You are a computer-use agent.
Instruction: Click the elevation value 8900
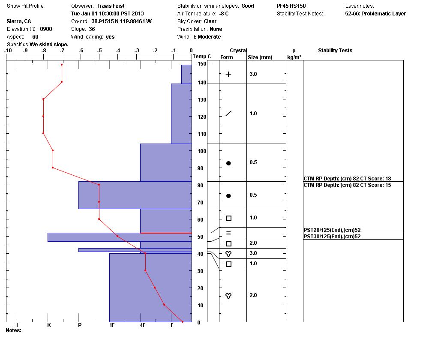point(46,29)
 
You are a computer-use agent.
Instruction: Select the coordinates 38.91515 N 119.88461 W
point(121,21)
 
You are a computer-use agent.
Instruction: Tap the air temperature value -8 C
point(224,14)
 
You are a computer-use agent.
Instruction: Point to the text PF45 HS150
point(291,6)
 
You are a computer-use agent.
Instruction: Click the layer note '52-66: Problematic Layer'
point(375,14)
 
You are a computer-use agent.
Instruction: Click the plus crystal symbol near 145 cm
point(228,74)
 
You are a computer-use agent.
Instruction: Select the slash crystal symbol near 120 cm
point(228,114)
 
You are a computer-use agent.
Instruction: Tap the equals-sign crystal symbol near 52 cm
point(228,233)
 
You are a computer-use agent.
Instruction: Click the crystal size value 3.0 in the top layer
point(253,74)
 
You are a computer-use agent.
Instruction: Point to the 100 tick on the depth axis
point(202,151)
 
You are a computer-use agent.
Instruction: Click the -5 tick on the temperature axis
point(99,51)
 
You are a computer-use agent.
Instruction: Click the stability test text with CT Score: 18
point(347,179)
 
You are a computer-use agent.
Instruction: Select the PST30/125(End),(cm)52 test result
point(332,237)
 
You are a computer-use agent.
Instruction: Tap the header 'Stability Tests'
point(335,51)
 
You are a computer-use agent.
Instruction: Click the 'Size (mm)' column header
point(260,57)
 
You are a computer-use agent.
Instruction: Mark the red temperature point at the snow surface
point(62,65)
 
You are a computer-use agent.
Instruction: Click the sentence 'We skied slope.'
point(49,45)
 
